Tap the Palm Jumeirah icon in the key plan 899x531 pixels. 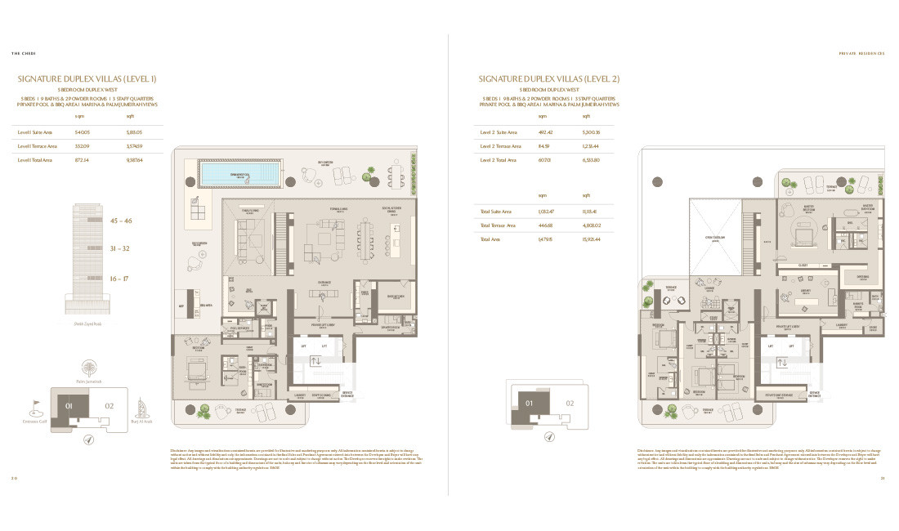(87, 368)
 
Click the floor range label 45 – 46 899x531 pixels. (121, 221)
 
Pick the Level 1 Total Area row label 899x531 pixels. (35, 160)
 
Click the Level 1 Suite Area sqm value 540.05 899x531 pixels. (82, 132)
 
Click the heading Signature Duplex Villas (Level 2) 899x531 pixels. (548, 78)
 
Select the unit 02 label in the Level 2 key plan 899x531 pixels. (570, 403)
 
